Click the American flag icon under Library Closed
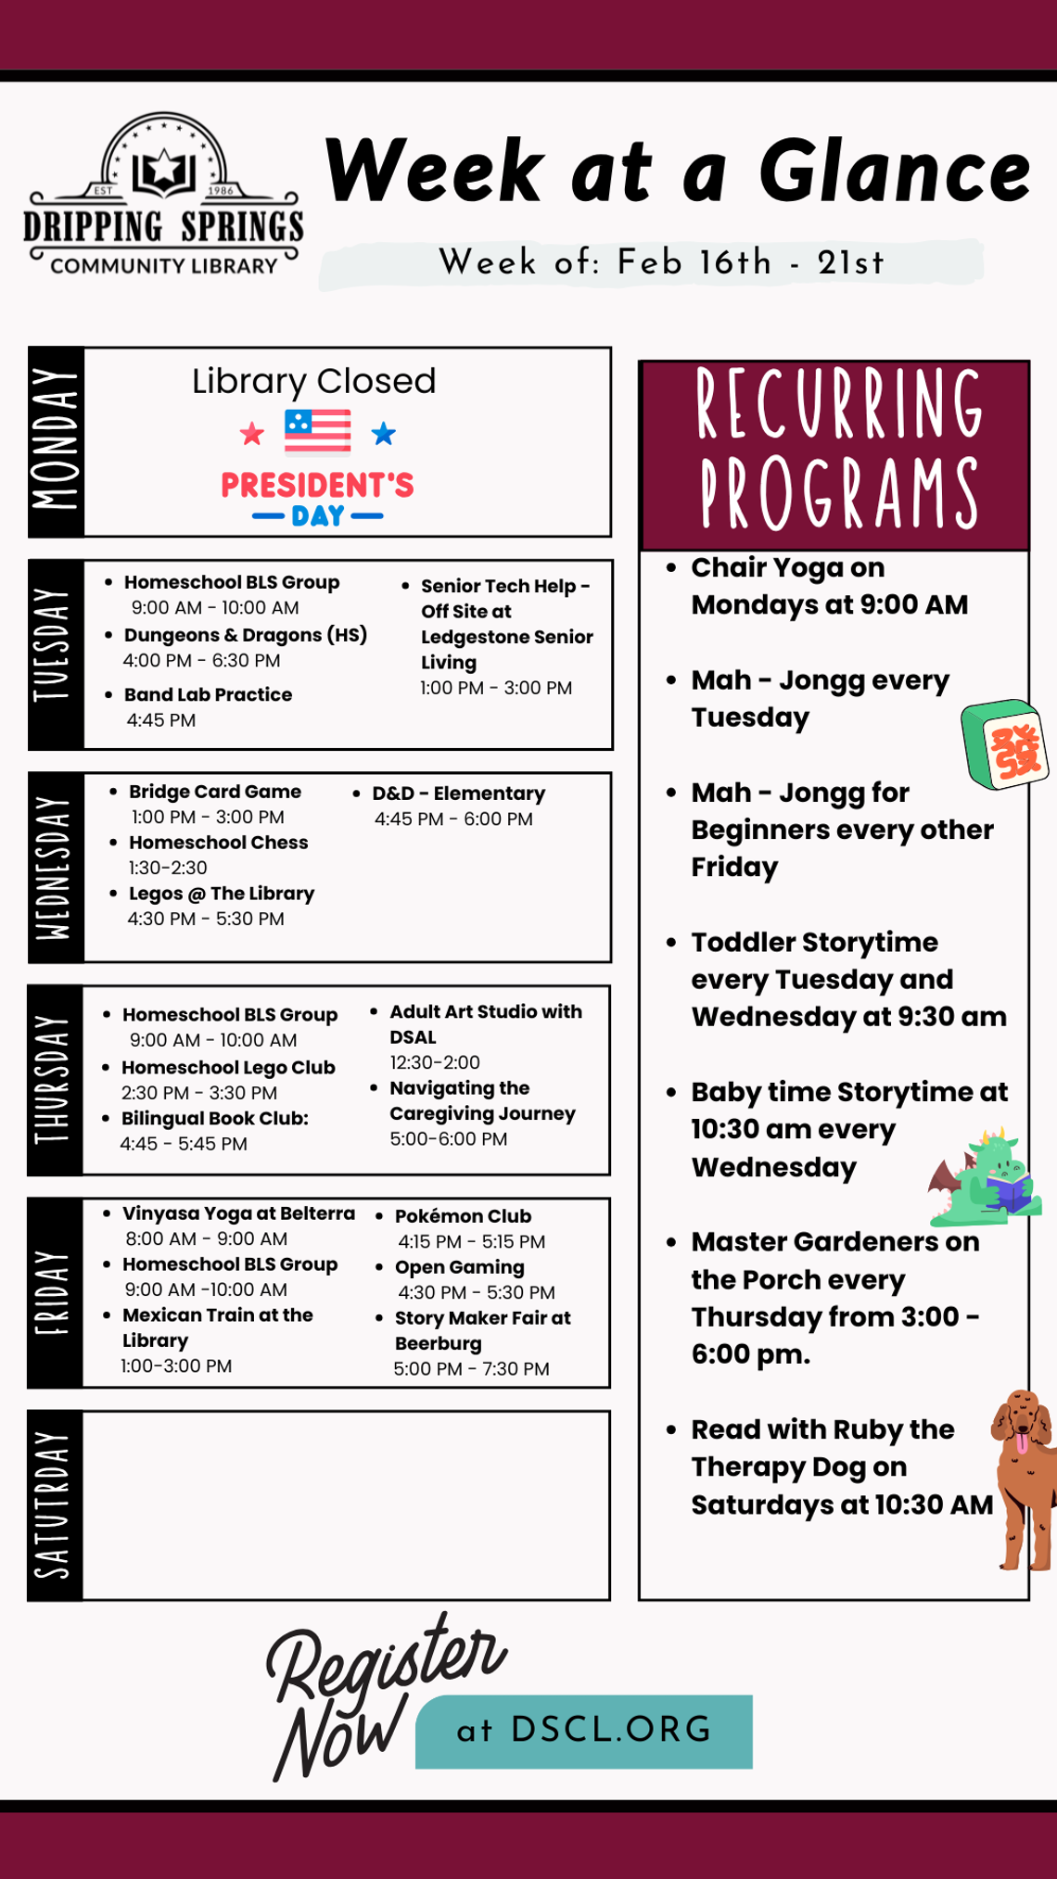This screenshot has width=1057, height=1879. click(317, 432)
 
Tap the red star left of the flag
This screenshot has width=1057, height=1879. click(251, 434)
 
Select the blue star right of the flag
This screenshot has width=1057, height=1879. click(384, 433)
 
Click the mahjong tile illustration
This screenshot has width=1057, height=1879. click(1004, 745)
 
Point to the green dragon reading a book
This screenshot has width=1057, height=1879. click(986, 1177)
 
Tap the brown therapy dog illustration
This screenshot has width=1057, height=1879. click(1024, 1479)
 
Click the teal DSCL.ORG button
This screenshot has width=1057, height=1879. click(584, 1731)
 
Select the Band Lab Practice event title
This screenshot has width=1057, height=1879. click(208, 694)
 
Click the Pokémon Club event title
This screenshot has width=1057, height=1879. click(463, 1216)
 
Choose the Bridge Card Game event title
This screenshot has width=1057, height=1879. click(215, 792)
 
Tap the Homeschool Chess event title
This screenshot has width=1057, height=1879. click(218, 843)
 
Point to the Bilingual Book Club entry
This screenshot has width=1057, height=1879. click(215, 1119)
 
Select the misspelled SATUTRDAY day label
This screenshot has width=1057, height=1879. click(55, 1505)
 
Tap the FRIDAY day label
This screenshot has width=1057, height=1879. click(55, 1292)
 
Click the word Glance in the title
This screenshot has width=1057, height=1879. click(894, 172)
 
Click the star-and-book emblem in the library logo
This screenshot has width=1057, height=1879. click(164, 171)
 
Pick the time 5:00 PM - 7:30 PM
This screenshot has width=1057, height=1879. click(471, 1369)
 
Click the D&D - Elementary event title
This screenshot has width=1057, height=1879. click(458, 793)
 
